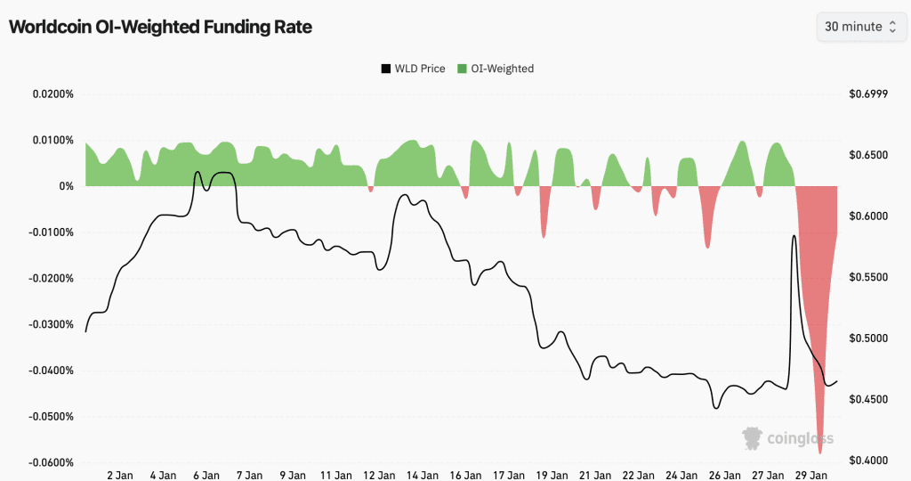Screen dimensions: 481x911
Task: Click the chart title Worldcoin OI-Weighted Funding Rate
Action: [160, 27]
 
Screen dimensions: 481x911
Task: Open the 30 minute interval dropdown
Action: [860, 27]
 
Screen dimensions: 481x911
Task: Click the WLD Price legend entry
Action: [413, 69]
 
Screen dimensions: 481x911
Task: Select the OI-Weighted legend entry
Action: [496, 69]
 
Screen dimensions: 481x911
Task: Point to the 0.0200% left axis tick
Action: [52, 94]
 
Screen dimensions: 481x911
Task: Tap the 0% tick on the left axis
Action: [66, 186]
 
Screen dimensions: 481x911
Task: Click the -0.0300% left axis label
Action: [51, 324]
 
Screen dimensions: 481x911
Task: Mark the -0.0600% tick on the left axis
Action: [51, 462]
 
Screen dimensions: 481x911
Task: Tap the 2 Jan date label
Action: [119, 476]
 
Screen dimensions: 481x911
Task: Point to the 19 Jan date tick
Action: [552, 476]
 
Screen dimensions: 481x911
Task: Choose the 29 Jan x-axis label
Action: [810, 476]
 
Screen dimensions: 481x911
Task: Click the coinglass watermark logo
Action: [776, 436]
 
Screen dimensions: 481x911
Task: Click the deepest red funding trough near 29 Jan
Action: [819, 452]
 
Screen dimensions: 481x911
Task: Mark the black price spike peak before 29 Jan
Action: [793, 237]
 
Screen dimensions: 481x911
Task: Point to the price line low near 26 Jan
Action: [716, 407]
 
